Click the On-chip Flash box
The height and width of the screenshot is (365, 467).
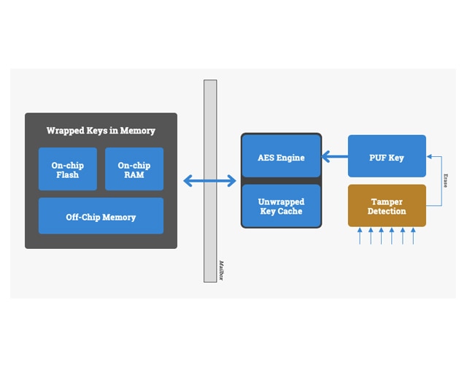coord(68,169)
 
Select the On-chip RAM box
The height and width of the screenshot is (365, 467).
coord(134,169)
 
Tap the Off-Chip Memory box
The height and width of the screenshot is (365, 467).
coord(101,216)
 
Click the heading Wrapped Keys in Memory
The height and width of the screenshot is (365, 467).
coord(101,131)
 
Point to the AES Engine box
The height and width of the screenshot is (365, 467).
coord(281,156)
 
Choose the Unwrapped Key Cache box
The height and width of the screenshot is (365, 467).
coord(281,206)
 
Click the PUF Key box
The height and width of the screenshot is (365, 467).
coord(387,156)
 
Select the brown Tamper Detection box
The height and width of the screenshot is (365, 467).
coord(387,206)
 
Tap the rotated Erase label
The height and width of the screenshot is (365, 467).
coord(445,180)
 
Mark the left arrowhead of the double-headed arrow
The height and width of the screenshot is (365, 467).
coord(187,180)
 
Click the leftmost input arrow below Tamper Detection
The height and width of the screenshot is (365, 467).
coord(360,235)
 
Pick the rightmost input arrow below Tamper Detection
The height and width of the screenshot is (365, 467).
coord(413,235)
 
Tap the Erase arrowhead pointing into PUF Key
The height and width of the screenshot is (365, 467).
coord(430,156)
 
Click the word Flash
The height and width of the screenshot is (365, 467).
coord(68,175)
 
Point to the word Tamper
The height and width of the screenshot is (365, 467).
coord(387,201)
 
